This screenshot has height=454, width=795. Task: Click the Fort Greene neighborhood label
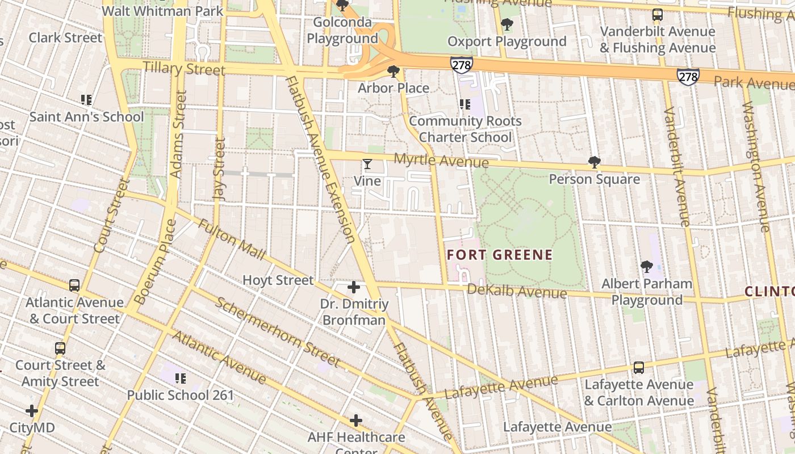pos(500,255)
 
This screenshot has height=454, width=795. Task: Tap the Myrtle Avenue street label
pos(441,161)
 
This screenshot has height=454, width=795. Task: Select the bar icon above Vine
pos(367,165)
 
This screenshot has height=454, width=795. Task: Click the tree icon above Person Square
pos(595,163)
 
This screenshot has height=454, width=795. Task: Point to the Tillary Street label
pos(184,69)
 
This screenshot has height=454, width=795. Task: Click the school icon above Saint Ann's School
pos(86,100)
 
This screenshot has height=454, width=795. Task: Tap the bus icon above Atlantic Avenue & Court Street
pos(74,285)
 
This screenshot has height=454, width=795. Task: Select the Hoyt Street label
pos(278,280)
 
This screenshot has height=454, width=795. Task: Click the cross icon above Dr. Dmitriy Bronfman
pos(354,288)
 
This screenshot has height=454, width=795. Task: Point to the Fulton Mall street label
pos(232,240)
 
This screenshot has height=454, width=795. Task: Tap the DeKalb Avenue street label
pos(517,291)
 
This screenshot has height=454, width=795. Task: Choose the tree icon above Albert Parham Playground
pos(646,267)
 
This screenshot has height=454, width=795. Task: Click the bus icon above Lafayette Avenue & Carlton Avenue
pos(639,368)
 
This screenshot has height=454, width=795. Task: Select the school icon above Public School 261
pos(181,378)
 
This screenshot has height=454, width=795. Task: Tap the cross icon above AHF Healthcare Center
pos(356,421)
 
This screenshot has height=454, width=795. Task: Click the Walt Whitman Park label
pos(162,11)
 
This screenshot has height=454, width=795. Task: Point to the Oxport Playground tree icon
pos(507,24)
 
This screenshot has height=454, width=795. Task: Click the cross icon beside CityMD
pos(32,411)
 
